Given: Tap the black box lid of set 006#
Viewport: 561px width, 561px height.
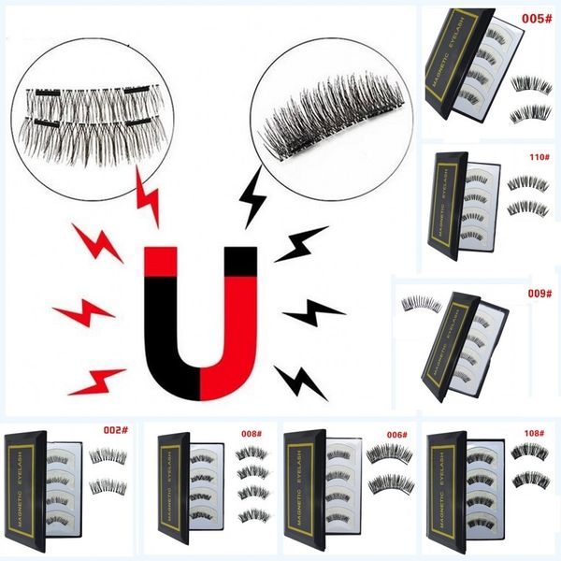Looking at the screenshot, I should pos(302,491).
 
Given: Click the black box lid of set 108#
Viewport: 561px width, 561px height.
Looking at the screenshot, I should pos(443,491).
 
